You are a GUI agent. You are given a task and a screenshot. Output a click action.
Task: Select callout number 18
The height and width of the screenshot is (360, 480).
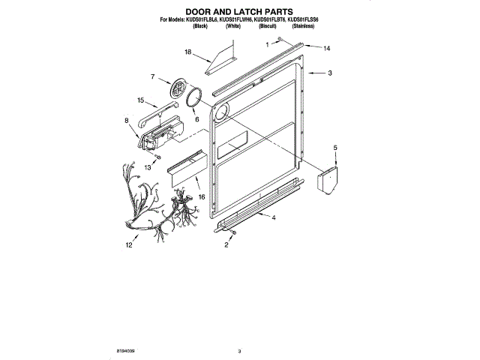(189, 52)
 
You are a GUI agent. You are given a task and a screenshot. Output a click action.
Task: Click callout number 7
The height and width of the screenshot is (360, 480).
(152, 76)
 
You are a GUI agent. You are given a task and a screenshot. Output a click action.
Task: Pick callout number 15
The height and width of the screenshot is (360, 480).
(140, 100)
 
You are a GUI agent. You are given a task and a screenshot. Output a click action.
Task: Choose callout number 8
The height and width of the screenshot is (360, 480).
(126, 120)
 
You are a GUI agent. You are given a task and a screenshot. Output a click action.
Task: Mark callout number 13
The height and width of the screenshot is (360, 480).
(148, 168)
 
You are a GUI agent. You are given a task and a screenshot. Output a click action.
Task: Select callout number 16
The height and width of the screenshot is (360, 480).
(201, 196)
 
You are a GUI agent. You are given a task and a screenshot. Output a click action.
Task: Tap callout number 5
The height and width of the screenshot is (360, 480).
(335, 148)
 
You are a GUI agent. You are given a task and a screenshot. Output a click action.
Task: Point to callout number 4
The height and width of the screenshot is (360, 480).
(274, 217)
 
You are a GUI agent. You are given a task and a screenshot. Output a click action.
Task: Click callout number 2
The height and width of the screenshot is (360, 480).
(226, 244)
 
